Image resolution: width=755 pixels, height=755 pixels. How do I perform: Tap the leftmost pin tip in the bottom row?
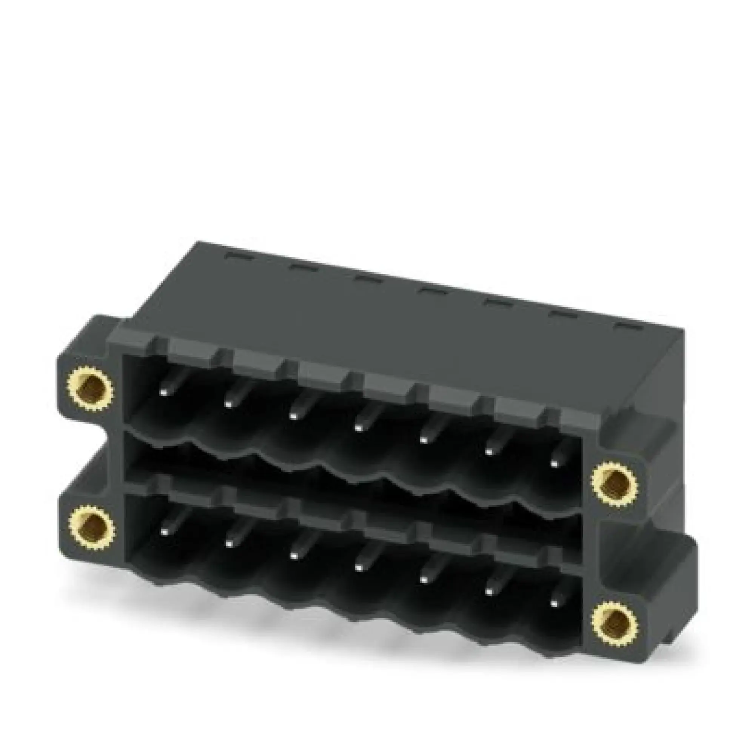point(164,530)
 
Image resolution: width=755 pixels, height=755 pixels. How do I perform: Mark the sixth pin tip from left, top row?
point(488,452)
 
